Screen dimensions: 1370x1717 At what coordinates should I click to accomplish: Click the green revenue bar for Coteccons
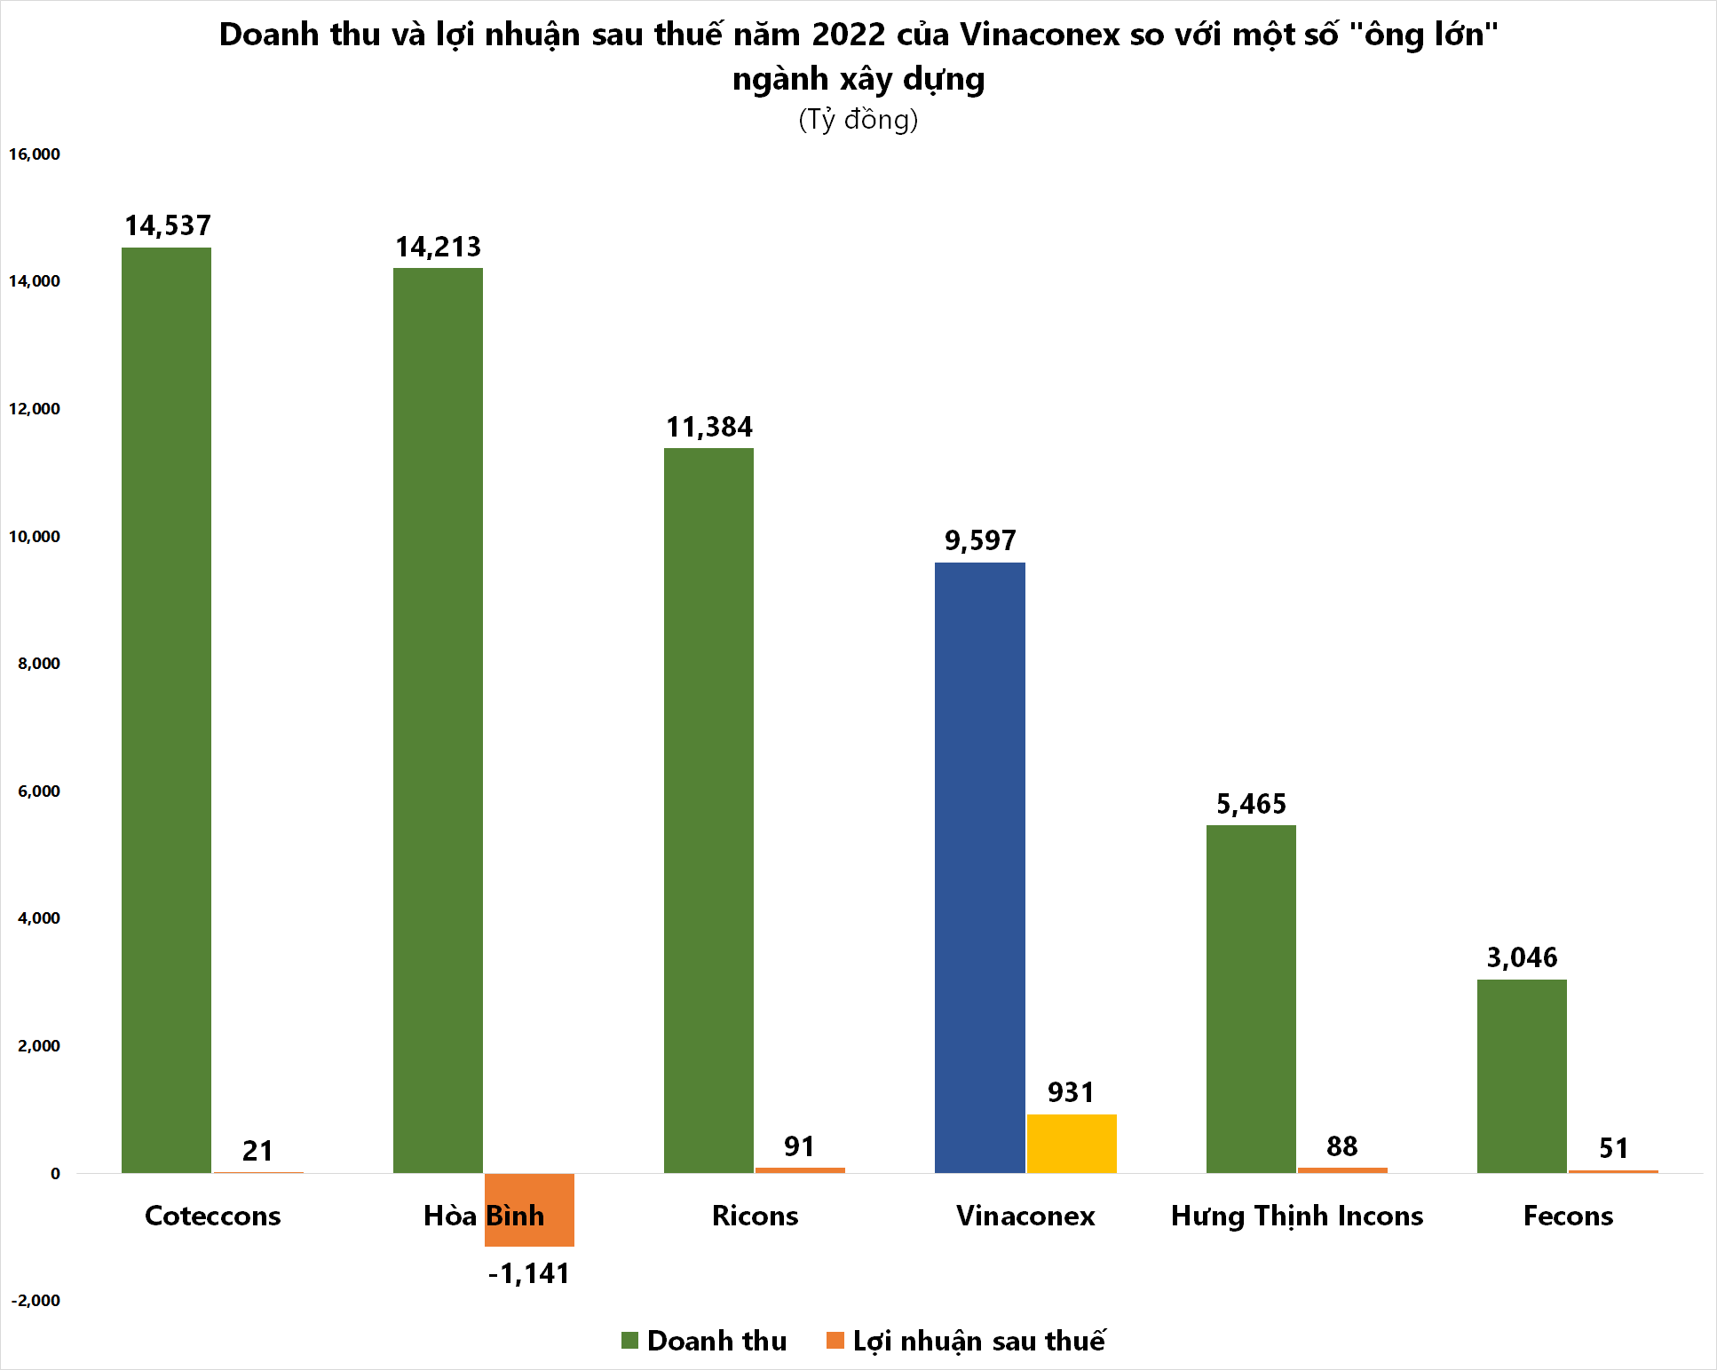166,710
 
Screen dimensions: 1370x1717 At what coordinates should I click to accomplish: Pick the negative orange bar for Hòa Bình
529,1209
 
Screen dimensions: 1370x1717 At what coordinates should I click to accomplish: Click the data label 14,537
168,226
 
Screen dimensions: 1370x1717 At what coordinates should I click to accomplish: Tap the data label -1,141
529,1274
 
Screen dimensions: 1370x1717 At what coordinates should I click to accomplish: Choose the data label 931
1071,1092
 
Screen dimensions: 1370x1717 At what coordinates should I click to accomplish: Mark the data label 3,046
1522,958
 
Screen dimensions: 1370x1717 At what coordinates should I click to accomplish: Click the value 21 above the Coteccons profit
257,1151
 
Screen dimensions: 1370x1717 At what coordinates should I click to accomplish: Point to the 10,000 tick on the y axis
35,537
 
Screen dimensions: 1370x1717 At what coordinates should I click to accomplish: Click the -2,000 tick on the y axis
36,1301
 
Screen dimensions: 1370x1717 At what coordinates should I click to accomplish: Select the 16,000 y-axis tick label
35,154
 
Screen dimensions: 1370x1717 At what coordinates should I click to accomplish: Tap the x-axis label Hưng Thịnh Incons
1297,1216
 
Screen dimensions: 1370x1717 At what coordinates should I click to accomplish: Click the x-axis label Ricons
755,1216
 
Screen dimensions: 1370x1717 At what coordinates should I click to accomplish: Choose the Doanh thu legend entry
704,1341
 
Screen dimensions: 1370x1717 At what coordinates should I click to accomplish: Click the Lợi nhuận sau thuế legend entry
966,1341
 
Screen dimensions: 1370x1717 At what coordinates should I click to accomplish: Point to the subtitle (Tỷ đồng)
858,120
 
